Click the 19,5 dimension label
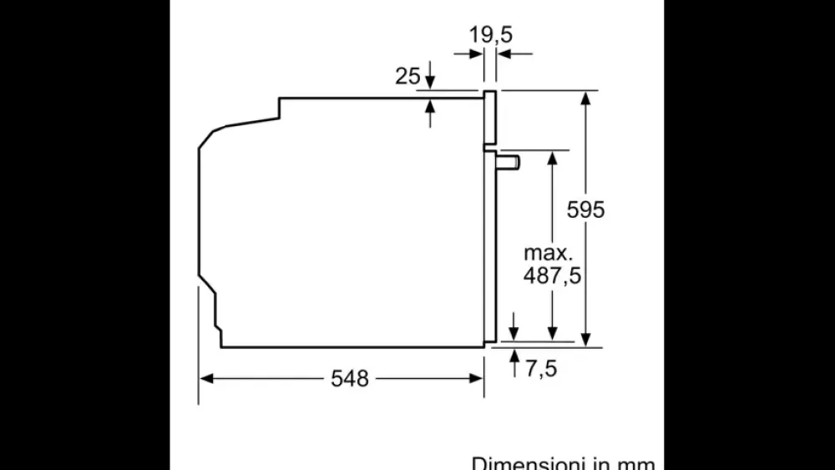(x=490, y=35)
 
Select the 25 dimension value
(x=407, y=76)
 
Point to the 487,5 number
(x=552, y=276)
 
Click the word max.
(x=548, y=252)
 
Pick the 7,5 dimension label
(x=540, y=368)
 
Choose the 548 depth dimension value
(x=349, y=378)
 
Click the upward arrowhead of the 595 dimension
(x=586, y=97)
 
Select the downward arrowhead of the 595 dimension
(x=586, y=338)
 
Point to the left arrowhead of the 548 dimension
(x=206, y=378)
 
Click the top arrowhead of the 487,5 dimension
(x=552, y=158)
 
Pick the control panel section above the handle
(x=490, y=116)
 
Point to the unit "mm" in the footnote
(x=635, y=462)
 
